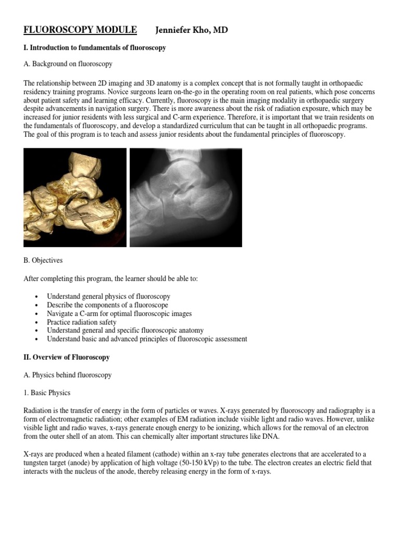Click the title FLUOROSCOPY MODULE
pyautogui.click(x=80, y=30)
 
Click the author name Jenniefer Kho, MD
pyautogui.click(x=191, y=30)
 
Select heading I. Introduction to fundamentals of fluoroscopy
pyautogui.click(x=95, y=48)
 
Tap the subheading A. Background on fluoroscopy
pyautogui.click(x=68, y=64)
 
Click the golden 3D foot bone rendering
pyautogui.click(x=75, y=197)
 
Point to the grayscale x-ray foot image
pyautogui.click(x=185, y=197)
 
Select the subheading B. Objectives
pyautogui.click(x=43, y=260)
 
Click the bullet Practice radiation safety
pyautogui.click(x=82, y=322)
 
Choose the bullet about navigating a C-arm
pyautogui.click(x=119, y=314)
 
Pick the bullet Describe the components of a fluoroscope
pyautogui.click(x=107, y=305)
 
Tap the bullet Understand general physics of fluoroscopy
pyautogui.click(x=108, y=297)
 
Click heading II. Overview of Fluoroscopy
pyautogui.click(x=67, y=358)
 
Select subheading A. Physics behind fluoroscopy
pyautogui.click(x=68, y=375)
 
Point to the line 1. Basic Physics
pyautogui.click(x=47, y=393)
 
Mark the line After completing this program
pyautogui.click(x=110, y=279)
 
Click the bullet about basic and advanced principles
pyautogui.click(x=147, y=339)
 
